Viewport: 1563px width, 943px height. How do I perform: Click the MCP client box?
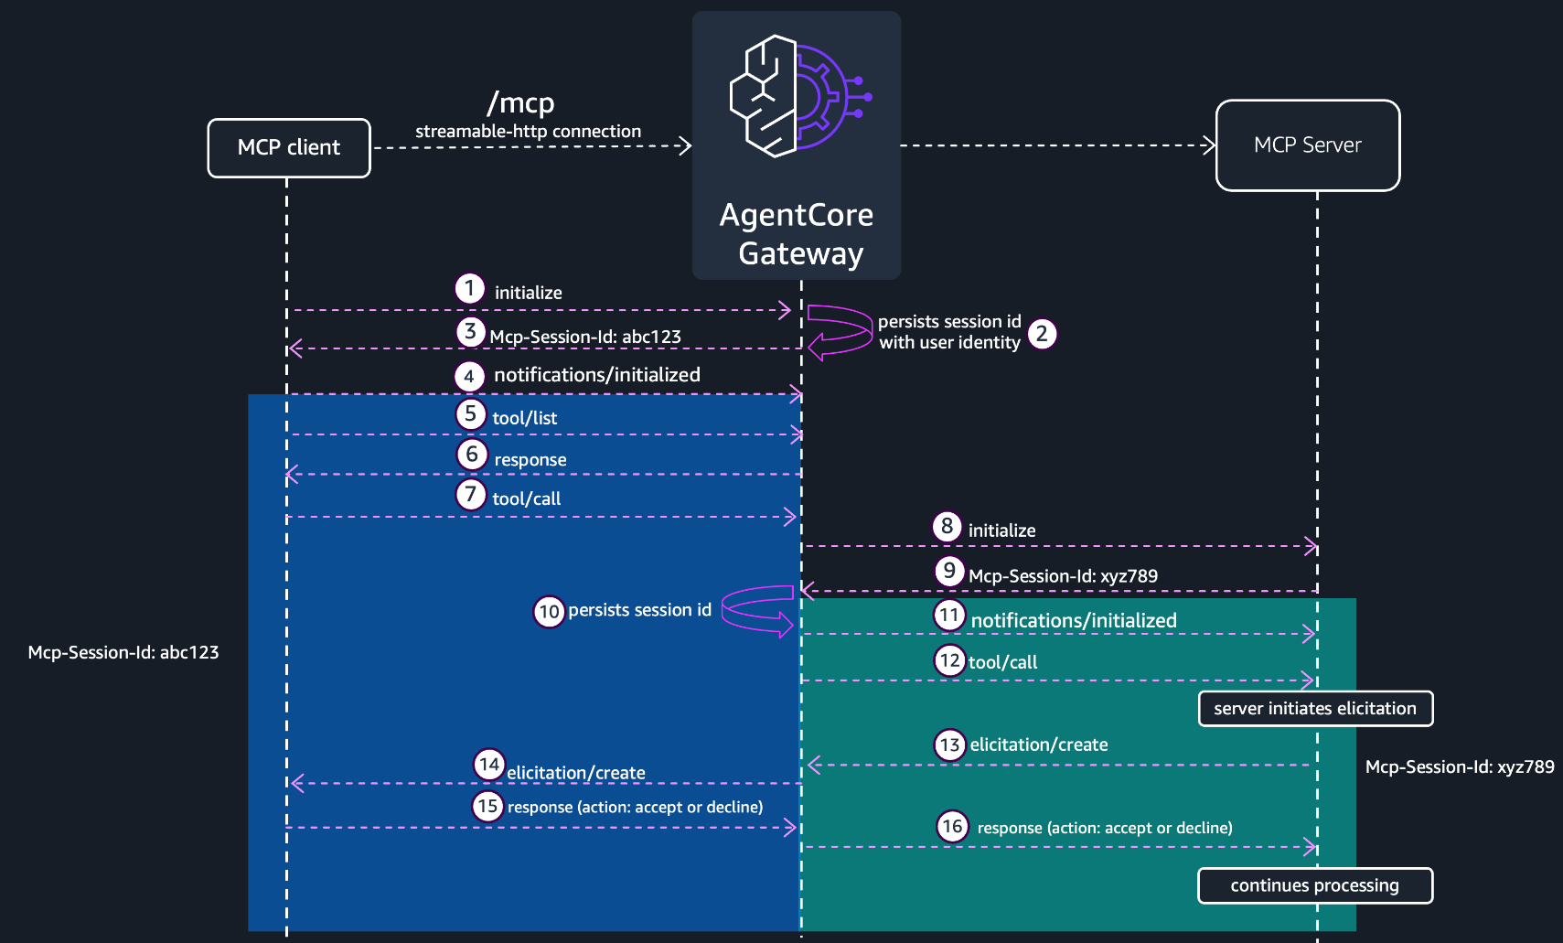click(x=289, y=148)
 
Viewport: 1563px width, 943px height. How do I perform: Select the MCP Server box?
click(x=1308, y=145)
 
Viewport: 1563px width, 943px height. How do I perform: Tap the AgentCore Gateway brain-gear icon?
click(x=799, y=96)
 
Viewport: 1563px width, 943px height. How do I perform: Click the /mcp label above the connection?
click(x=520, y=103)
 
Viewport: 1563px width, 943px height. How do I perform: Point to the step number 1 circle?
click(x=469, y=288)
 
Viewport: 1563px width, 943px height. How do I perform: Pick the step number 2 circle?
click(x=1042, y=335)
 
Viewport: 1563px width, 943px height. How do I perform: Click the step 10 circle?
click(x=549, y=612)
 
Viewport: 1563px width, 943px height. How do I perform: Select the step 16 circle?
click(x=952, y=827)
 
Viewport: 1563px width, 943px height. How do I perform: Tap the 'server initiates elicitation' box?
click(x=1315, y=709)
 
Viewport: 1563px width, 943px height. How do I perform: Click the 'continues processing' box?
click(x=1315, y=885)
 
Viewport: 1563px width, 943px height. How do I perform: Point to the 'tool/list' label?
click(x=525, y=418)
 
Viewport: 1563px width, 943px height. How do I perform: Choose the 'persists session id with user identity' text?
click(x=949, y=332)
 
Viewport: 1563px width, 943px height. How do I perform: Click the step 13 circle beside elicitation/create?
click(x=949, y=745)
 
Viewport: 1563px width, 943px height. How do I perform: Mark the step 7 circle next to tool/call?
click(x=471, y=495)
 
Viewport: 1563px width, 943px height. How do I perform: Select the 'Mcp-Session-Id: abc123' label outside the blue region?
click(x=123, y=653)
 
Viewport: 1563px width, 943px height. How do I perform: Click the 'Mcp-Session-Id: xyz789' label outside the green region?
click(x=1460, y=767)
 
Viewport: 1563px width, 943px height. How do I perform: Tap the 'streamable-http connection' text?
click(x=529, y=131)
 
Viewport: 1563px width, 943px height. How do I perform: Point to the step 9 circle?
click(x=949, y=572)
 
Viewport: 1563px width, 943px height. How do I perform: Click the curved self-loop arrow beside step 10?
click(x=723, y=608)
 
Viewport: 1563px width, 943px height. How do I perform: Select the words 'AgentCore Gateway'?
click(x=797, y=234)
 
